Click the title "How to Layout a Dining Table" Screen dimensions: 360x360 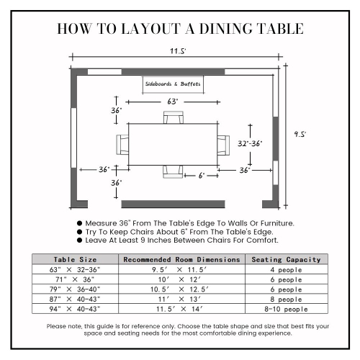point(180,29)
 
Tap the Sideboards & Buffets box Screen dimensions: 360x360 point(172,84)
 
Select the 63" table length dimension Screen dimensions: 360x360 point(172,102)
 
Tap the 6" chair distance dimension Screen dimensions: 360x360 point(202,175)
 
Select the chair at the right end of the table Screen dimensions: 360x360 point(223,144)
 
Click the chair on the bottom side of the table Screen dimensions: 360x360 point(173,171)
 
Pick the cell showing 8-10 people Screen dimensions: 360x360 point(286,309)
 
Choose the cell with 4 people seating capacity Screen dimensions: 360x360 point(286,269)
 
